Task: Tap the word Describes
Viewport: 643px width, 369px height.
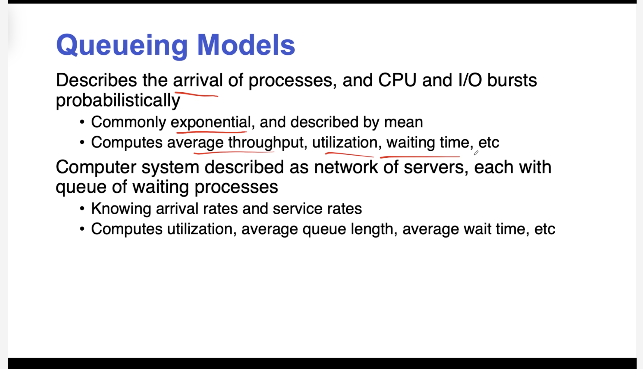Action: (x=96, y=80)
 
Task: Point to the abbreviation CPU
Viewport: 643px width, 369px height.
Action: (x=397, y=80)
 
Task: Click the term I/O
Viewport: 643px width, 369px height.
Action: (x=470, y=80)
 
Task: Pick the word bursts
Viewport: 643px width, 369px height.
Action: (x=512, y=80)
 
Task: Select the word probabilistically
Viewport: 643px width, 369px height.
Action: (x=118, y=101)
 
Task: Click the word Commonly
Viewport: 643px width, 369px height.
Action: (x=129, y=122)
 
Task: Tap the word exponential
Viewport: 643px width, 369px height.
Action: (x=211, y=122)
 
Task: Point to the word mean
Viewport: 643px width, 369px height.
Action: (x=403, y=122)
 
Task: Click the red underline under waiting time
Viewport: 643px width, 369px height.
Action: (x=420, y=157)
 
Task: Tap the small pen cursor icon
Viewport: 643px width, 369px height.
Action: (x=476, y=153)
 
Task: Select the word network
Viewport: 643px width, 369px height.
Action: (x=346, y=167)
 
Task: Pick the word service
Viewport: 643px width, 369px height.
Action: (x=297, y=209)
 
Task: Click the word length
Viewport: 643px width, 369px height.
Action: (x=372, y=229)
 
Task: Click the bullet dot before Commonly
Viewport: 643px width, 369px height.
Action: (x=82, y=122)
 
